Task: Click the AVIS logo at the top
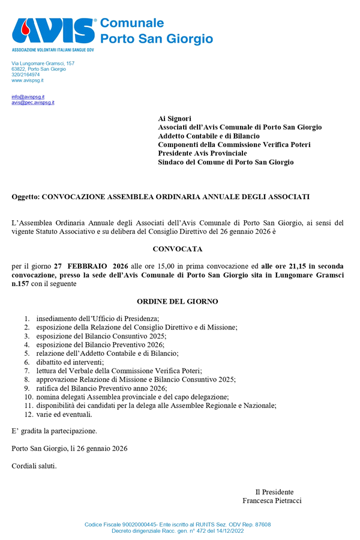click(54, 31)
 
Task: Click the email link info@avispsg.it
click(28, 97)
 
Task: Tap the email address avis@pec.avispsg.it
click(33, 103)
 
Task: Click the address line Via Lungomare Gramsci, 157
click(43, 63)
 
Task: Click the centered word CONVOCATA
click(178, 248)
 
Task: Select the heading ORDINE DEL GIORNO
click(178, 301)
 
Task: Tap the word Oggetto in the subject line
click(25, 197)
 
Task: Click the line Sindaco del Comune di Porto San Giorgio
click(226, 162)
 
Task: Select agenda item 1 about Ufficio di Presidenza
click(97, 318)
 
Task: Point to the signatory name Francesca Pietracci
click(272, 500)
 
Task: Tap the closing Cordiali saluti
click(34, 466)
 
